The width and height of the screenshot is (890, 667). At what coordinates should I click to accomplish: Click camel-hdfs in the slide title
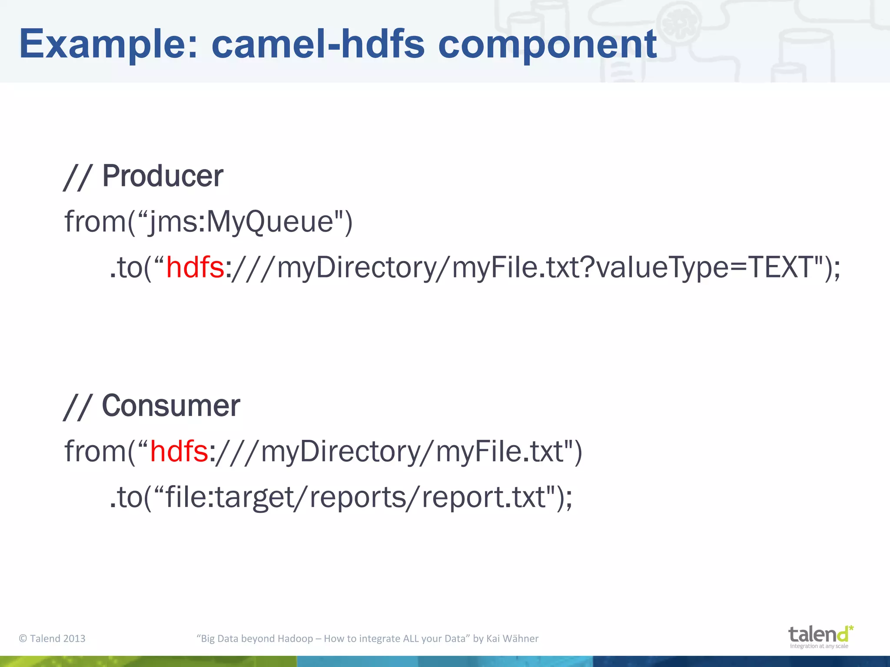(x=318, y=44)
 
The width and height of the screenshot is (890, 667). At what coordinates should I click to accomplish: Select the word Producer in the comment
(x=162, y=176)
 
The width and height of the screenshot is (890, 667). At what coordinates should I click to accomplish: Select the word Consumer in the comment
(x=170, y=406)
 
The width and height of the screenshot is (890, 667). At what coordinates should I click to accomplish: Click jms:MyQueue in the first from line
(x=240, y=222)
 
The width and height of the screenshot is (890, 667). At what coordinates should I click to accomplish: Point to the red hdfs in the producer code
(x=195, y=267)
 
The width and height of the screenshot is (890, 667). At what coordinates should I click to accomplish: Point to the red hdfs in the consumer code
(x=179, y=452)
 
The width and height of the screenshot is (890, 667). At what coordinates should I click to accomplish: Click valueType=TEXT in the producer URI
(x=704, y=267)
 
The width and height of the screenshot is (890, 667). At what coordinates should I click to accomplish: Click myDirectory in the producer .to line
(x=356, y=267)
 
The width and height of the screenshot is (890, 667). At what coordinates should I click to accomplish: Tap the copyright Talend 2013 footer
(x=52, y=638)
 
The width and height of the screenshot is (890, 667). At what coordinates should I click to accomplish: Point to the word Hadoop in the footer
(x=295, y=638)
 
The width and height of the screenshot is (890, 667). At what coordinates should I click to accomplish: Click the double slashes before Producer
(x=77, y=177)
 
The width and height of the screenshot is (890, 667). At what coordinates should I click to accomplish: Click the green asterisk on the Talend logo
(x=851, y=628)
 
